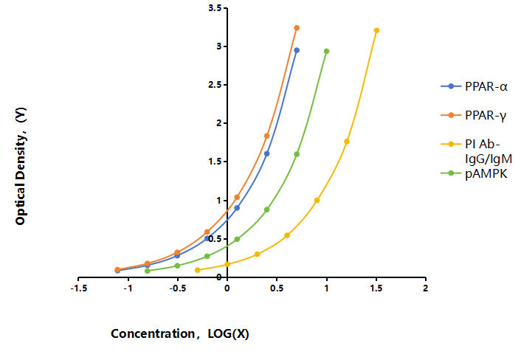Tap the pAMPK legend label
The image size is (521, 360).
pyautogui.click(x=486, y=173)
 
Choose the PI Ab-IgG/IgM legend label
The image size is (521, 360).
pyautogui.click(x=489, y=151)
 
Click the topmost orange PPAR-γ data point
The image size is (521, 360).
pyautogui.click(x=297, y=28)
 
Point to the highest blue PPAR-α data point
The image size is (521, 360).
pyautogui.click(x=297, y=50)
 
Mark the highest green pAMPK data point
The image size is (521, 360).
pyautogui.click(x=327, y=52)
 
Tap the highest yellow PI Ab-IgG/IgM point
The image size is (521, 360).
pyautogui.click(x=376, y=30)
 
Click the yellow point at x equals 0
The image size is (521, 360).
pyautogui.click(x=227, y=264)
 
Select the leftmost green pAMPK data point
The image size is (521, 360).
pyautogui.click(x=148, y=271)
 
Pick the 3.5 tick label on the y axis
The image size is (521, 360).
pyautogui.click(x=215, y=8)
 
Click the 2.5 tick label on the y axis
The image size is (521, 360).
pyautogui.click(x=215, y=85)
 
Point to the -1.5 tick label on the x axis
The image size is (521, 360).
pyautogui.click(x=79, y=288)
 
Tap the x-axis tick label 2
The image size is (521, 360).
pyautogui.click(x=426, y=288)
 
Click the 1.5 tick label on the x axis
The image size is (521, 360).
pyautogui.click(x=376, y=288)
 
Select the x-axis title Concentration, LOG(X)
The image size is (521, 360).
pyautogui.click(x=180, y=333)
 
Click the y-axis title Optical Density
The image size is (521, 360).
pyautogui.click(x=21, y=166)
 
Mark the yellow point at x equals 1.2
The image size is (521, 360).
pyautogui.click(x=347, y=142)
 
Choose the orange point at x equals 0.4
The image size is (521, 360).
pyautogui.click(x=267, y=136)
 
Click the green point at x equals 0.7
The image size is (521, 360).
pyautogui.click(x=297, y=154)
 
